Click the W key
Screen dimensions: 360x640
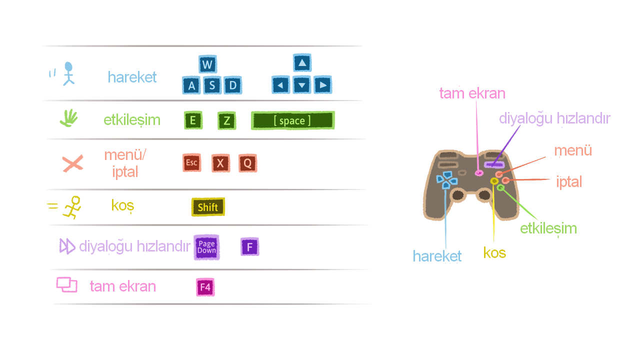click(207, 64)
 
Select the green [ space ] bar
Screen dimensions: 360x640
click(292, 120)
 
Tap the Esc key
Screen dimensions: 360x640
click(192, 163)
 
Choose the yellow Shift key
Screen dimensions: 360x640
click(208, 207)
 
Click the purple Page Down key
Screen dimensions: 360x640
click(206, 247)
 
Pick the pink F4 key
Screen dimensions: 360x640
click(205, 287)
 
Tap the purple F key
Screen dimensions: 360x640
click(249, 246)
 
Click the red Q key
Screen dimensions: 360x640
click(247, 163)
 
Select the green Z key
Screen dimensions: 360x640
click(226, 120)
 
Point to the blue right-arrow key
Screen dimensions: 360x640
click(323, 85)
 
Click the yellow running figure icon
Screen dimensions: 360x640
click(72, 207)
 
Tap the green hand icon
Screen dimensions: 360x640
click(69, 118)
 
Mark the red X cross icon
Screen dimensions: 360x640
click(72, 163)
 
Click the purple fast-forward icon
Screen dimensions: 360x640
click(67, 246)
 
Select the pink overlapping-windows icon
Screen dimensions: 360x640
click(66, 284)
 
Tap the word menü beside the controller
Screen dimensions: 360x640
click(573, 150)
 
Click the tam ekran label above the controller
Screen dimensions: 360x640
click(472, 93)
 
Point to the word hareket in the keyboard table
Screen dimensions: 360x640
click(132, 77)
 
